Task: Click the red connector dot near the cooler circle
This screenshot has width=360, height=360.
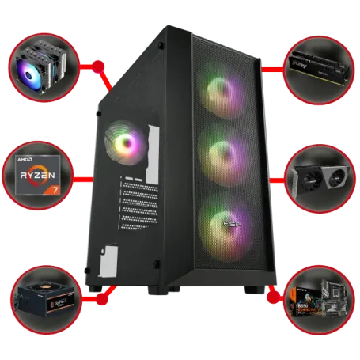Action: (96, 63)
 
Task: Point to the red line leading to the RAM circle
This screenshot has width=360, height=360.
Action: (273, 69)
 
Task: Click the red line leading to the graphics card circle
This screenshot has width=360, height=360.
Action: (276, 180)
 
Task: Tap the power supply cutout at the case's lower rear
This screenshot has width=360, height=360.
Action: (112, 258)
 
